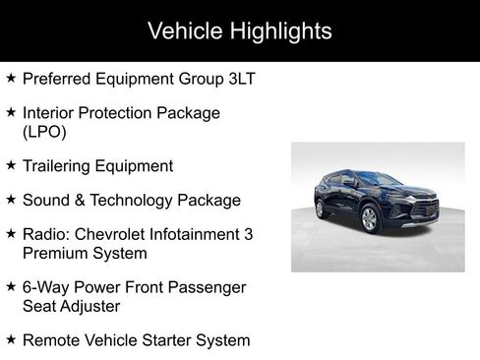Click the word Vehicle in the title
point(182,30)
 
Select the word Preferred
point(57,79)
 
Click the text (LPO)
point(43,132)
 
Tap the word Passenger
point(213,287)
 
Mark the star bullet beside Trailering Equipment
point(11,165)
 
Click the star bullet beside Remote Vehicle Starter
point(11,339)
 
